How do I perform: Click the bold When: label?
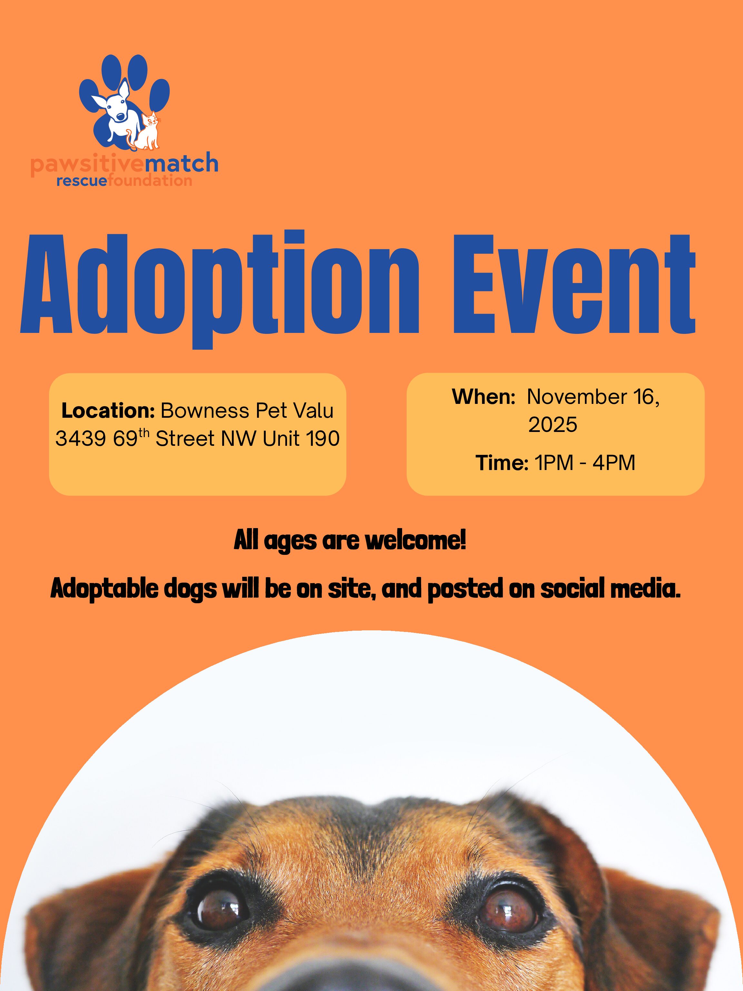coord(484,397)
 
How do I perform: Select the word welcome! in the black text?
coord(416,541)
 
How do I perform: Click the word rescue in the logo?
coord(82,181)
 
